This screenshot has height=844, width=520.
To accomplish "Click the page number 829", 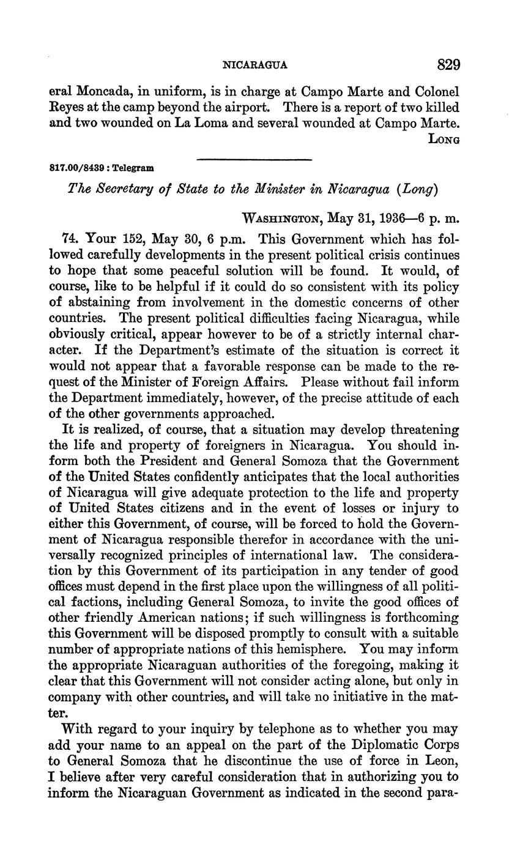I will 448,64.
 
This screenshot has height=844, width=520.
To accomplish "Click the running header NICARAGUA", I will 256,65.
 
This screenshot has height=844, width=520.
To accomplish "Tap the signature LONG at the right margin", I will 444,140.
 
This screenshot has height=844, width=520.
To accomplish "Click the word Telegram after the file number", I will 135,166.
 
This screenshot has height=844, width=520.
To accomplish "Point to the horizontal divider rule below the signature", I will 254,160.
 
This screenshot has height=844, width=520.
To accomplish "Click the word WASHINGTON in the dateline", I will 283,218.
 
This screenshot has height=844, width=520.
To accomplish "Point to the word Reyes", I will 65,108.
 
